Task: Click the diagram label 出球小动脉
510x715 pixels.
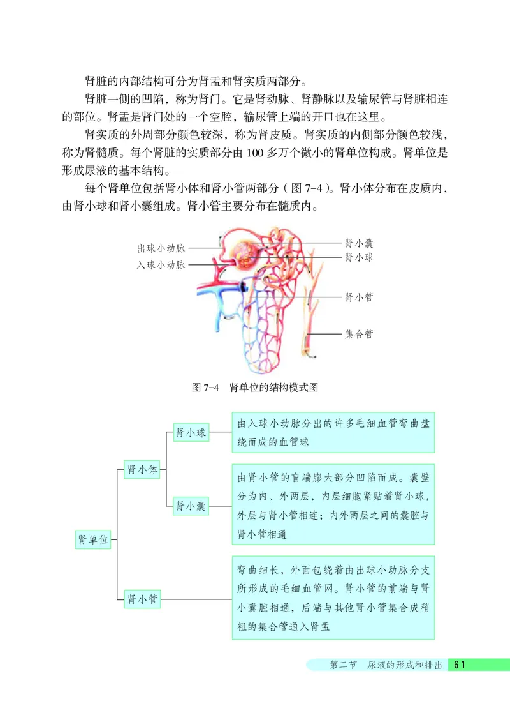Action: [x=161, y=248]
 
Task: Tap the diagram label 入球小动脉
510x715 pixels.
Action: [x=161, y=265]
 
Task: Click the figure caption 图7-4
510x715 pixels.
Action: [x=205, y=388]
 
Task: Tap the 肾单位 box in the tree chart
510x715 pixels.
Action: [x=93, y=539]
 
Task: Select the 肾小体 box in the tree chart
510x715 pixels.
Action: [x=143, y=470]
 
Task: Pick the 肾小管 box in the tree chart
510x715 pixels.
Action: [x=143, y=599]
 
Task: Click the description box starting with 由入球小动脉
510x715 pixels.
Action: [x=333, y=433]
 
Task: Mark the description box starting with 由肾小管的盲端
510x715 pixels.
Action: [x=333, y=505]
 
